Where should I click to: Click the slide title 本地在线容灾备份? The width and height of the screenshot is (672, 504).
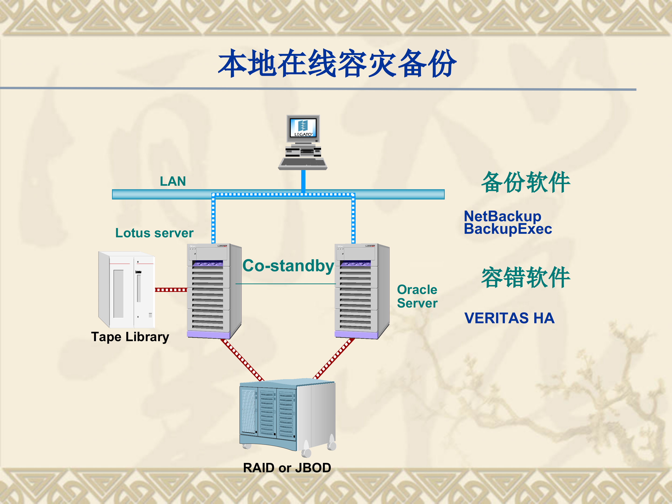click(337, 63)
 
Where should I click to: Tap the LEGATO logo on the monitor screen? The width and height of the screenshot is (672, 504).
click(303, 128)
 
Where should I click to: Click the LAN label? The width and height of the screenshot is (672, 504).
click(173, 181)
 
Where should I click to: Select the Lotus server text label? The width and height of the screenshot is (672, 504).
click(154, 233)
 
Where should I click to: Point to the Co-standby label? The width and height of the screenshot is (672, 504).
click(288, 266)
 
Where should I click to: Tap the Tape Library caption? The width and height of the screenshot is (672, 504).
click(130, 337)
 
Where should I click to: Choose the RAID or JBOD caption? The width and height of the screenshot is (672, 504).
click(287, 468)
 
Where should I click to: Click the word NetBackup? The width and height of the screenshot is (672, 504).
click(502, 216)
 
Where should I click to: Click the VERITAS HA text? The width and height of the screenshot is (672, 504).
click(509, 318)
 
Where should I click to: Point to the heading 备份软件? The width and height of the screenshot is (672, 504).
click(525, 182)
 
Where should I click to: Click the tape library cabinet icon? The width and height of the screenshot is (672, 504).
click(126, 290)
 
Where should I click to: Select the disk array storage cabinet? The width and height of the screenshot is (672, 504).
click(287, 416)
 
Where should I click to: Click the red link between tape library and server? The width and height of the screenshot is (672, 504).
click(171, 290)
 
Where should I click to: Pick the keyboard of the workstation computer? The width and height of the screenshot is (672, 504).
click(303, 163)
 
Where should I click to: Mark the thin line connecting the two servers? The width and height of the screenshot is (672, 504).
click(286, 284)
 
